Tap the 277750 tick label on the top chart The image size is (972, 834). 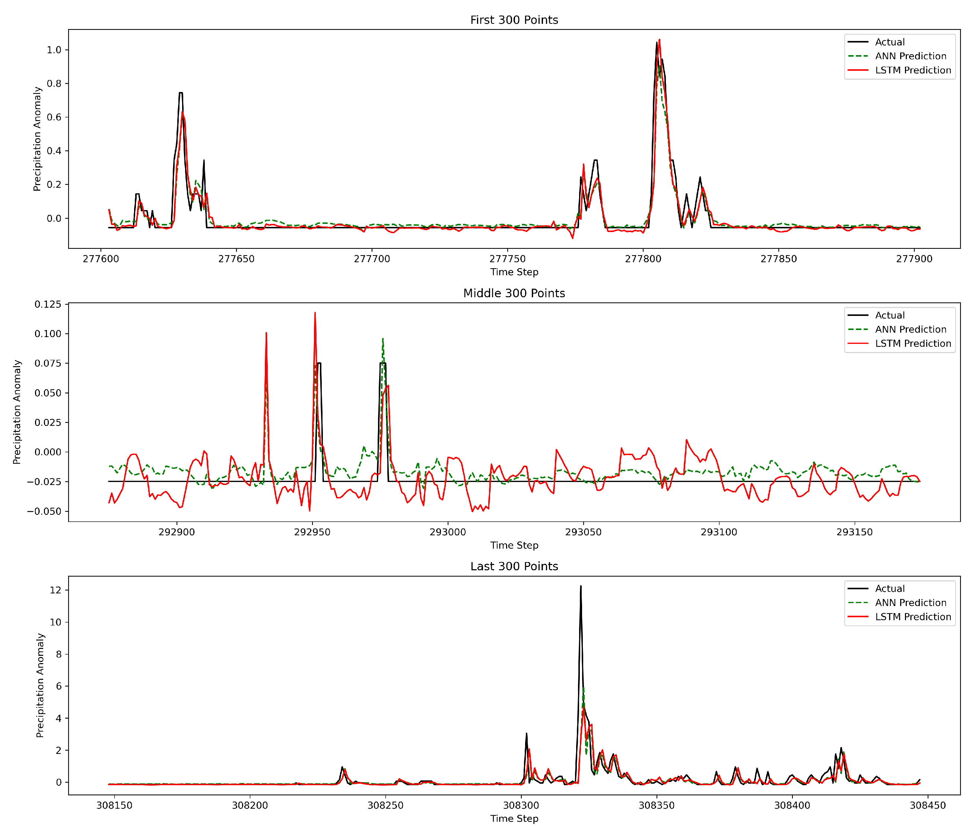[507, 259]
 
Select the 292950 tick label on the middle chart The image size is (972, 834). [312, 532]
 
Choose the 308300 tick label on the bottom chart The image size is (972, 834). [521, 805]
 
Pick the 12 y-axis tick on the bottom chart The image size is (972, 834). [55, 590]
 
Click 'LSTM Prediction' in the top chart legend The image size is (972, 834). [913, 70]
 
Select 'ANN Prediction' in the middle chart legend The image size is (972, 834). [911, 330]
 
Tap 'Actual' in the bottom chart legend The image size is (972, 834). [889, 589]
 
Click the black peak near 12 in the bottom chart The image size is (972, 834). [581, 586]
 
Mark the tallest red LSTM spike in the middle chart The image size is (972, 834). [315, 313]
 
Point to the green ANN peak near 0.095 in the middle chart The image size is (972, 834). [383, 338]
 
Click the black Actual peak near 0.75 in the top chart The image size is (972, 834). [181, 93]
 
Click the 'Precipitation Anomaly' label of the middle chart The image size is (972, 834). [18, 412]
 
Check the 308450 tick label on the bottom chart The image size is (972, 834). [927, 805]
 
